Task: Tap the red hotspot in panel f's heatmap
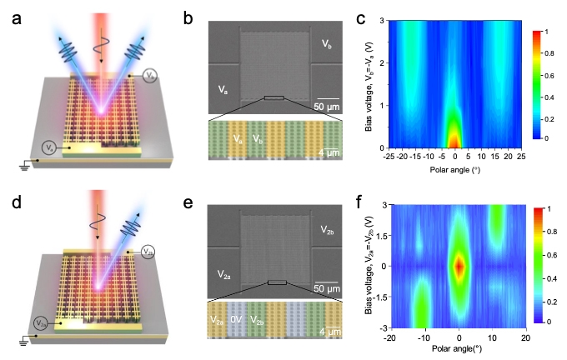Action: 459,266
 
